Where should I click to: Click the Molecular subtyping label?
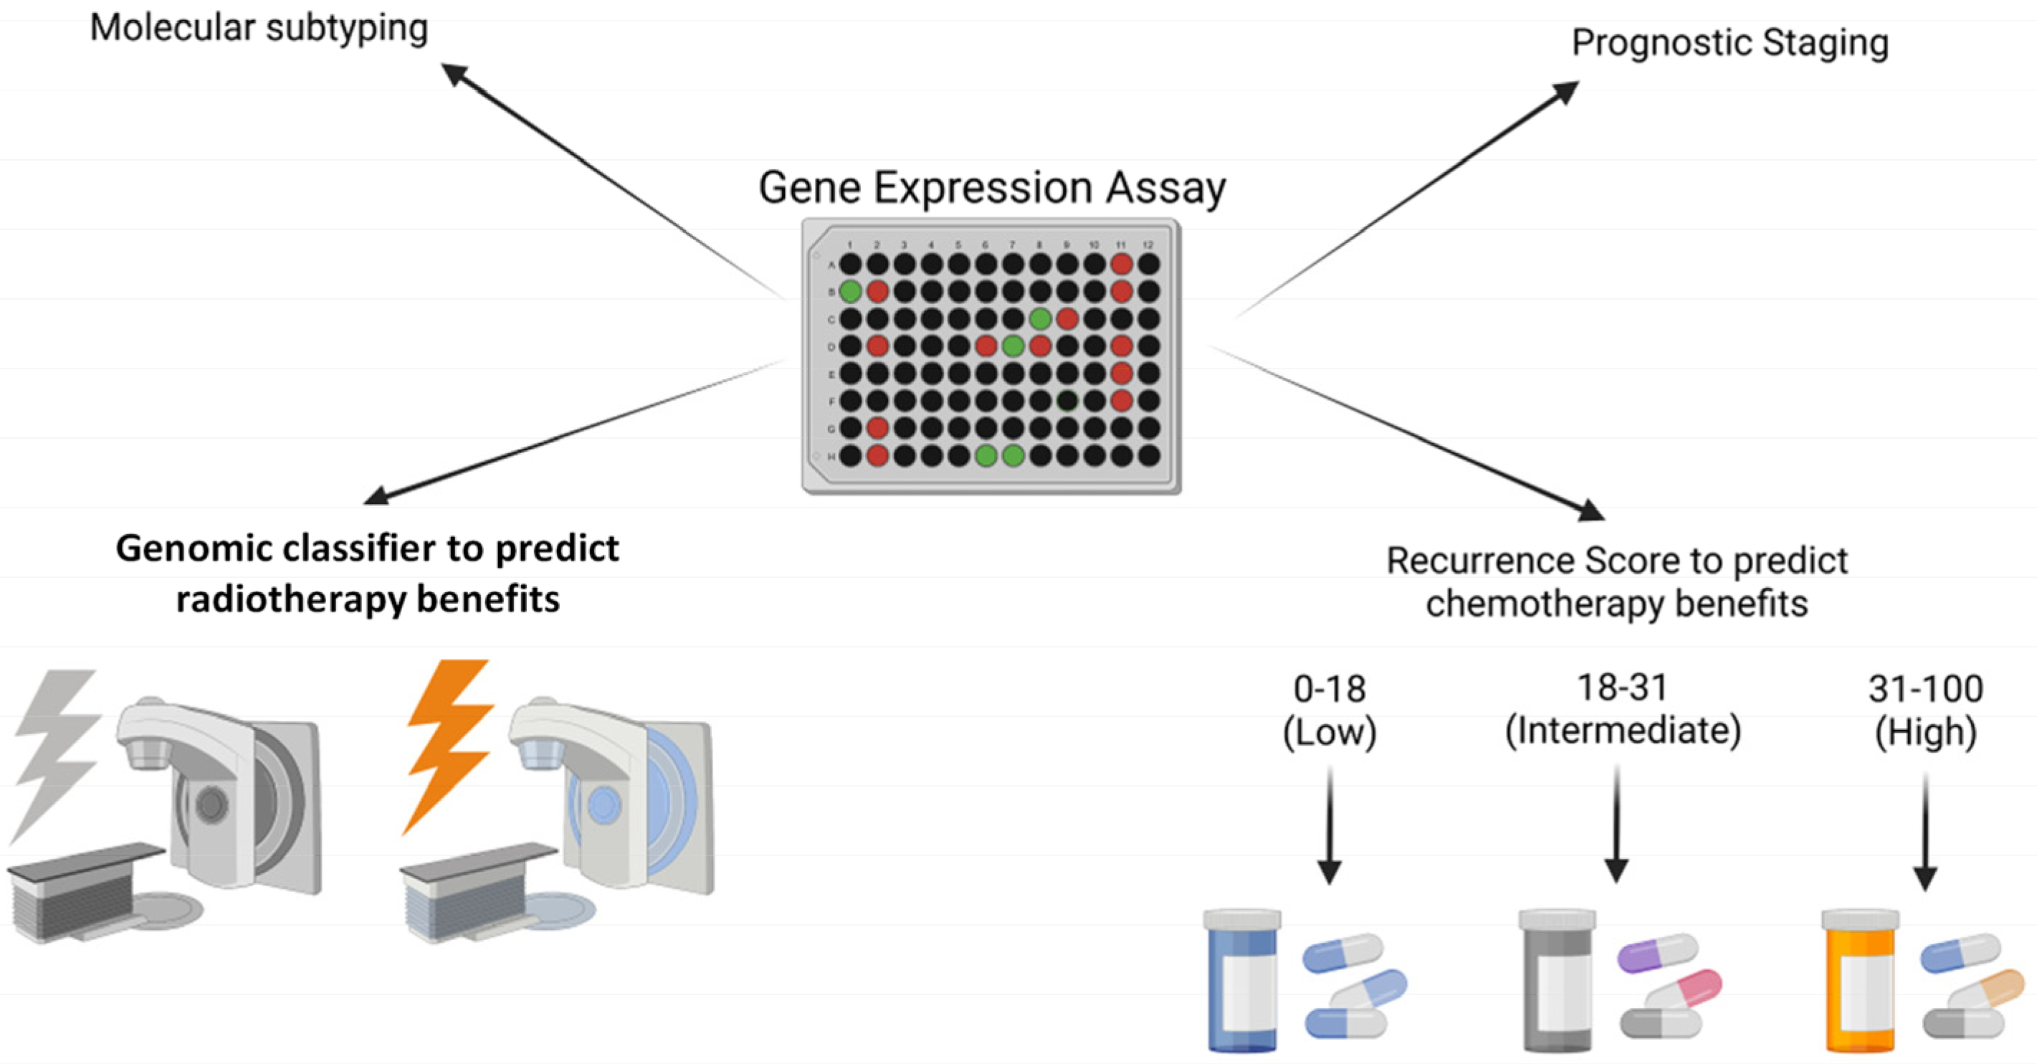259,29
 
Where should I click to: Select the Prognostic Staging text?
1730,43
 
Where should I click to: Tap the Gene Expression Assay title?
991,189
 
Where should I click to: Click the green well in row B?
850,291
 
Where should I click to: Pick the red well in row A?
1121,265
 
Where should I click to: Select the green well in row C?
1040,319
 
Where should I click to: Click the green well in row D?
1013,346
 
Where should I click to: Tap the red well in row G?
877,428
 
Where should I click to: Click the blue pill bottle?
1242,981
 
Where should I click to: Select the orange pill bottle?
1860,981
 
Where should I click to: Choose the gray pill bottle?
1557,981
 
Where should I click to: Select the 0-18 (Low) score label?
1330,711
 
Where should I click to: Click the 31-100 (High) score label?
1925,711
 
